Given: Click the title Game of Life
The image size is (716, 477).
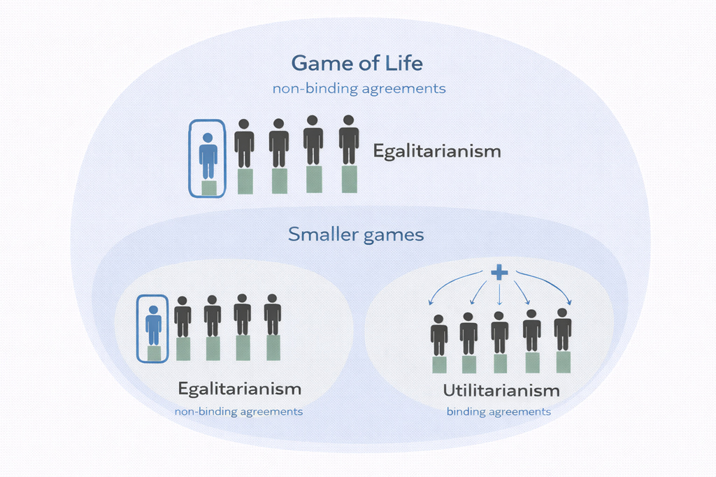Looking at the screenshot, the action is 357,63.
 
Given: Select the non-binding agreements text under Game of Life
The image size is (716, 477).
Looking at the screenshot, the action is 359,89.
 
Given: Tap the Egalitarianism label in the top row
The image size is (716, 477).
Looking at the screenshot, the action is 437,151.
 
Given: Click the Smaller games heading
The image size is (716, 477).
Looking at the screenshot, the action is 356,234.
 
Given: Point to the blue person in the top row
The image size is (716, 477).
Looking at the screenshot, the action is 208,158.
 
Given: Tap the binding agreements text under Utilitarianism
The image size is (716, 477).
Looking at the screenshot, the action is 499,412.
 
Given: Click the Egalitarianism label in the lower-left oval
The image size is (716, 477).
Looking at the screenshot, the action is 240,388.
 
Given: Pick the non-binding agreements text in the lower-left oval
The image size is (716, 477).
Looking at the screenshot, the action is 238,411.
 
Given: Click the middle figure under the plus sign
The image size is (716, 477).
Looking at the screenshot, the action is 499,332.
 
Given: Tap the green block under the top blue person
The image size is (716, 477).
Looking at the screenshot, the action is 208,187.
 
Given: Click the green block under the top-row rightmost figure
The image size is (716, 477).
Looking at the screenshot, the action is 349,179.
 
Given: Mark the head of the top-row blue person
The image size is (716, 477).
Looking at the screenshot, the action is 208,138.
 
